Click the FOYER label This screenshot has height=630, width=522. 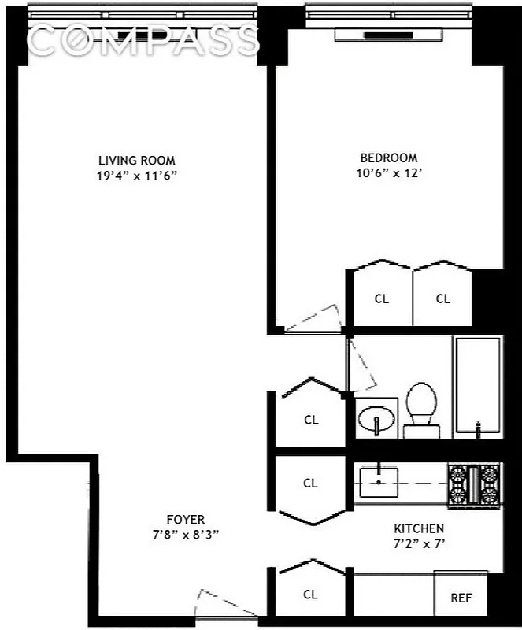pyautogui.click(x=186, y=519)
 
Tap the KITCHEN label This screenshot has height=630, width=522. pyautogui.click(x=419, y=528)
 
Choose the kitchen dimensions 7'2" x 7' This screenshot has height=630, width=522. pyautogui.click(x=419, y=543)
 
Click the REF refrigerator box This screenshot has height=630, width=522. pyautogui.click(x=461, y=598)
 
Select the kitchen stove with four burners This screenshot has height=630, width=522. pyautogui.click(x=474, y=484)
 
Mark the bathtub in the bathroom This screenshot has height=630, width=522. pyautogui.click(x=477, y=386)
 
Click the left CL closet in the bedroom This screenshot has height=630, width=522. pyautogui.click(x=382, y=298)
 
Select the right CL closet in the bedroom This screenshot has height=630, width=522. pyautogui.click(x=442, y=298)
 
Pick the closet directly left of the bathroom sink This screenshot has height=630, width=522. pyautogui.click(x=310, y=419)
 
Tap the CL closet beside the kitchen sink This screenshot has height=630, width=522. pyautogui.click(x=310, y=483)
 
